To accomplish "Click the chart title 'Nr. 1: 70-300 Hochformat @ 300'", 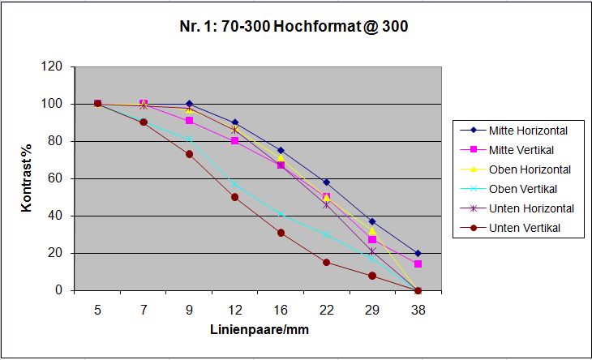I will click(294, 27).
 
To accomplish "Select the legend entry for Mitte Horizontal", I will click(534, 130).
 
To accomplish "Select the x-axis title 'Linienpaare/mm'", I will click(258, 330).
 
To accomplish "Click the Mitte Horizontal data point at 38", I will click(418, 253).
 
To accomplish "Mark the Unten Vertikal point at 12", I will click(234, 197).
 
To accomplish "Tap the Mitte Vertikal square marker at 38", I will click(418, 264).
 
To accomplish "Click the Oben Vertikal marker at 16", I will click(281, 214).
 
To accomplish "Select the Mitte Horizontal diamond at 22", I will click(326, 182).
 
